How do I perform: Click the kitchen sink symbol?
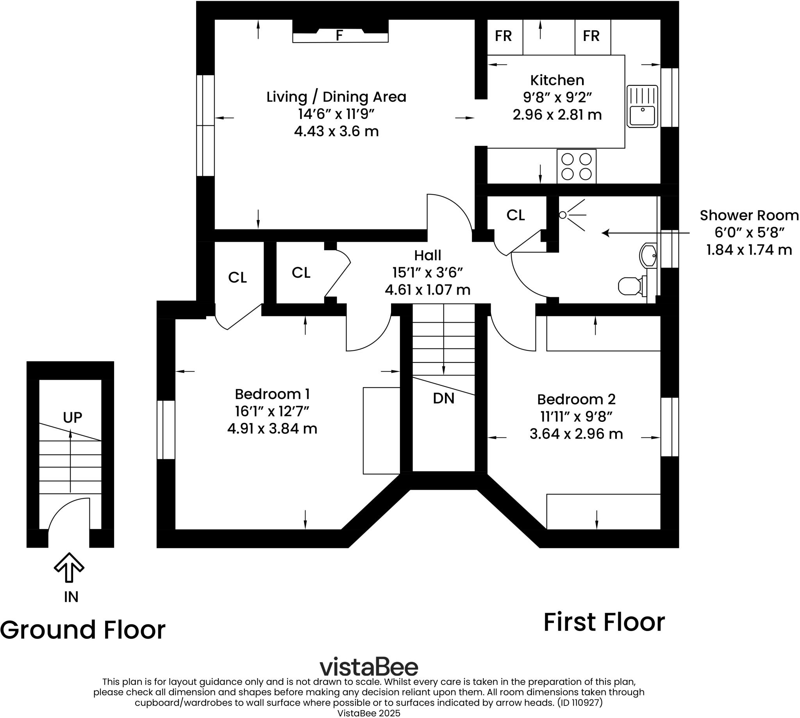click(x=642, y=107)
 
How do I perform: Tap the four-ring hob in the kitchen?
click(x=576, y=166)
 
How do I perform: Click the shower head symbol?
click(x=563, y=215)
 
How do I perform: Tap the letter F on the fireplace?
click(x=339, y=36)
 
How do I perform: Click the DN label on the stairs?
click(x=443, y=398)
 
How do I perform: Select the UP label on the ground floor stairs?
click(x=73, y=418)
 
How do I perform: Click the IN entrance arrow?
click(x=69, y=568)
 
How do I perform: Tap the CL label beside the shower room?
click(x=516, y=215)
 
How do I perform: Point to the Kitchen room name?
click(x=557, y=80)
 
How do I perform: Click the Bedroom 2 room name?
click(x=576, y=399)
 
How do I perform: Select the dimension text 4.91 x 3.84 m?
click(x=272, y=428)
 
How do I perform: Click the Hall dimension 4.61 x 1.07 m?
click(x=427, y=290)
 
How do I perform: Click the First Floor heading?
click(x=604, y=622)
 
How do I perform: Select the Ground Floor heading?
click(x=83, y=630)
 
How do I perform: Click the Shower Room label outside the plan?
click(x=749, y=215)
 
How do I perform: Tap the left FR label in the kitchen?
click(x=503, y=36)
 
